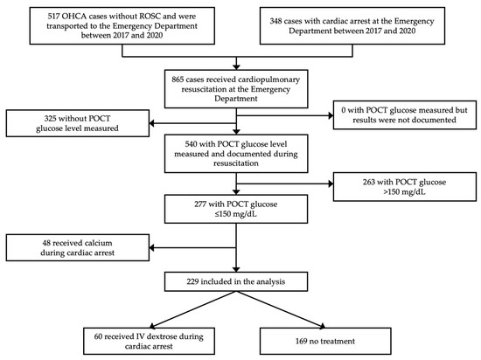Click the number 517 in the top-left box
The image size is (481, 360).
[x=45, y=16]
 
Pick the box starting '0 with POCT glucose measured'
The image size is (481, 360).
[x=404, y=120]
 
